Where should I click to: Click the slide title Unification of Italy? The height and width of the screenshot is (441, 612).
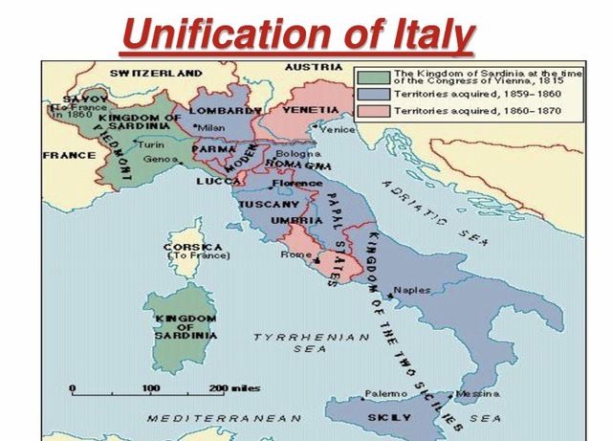coord(297,35)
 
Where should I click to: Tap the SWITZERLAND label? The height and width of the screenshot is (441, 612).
coord(156,73)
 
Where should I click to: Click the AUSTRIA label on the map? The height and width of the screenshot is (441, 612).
coord(314,67)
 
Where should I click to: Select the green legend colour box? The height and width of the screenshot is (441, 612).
coord(373,77)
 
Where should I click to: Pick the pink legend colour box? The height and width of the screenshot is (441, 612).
coord(373,113)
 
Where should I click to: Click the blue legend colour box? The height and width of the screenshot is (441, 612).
coord(373,96)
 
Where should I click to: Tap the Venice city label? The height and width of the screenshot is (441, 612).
coord(338,129)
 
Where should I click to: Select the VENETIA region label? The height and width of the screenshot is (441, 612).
coord(311,110)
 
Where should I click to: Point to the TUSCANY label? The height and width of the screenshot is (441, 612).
coord(266,205)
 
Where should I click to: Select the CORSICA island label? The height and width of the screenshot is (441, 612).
coord(193,246)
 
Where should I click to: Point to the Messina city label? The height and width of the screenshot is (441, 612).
coord(476,394)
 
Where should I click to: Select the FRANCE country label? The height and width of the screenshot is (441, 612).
coord(70,155)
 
